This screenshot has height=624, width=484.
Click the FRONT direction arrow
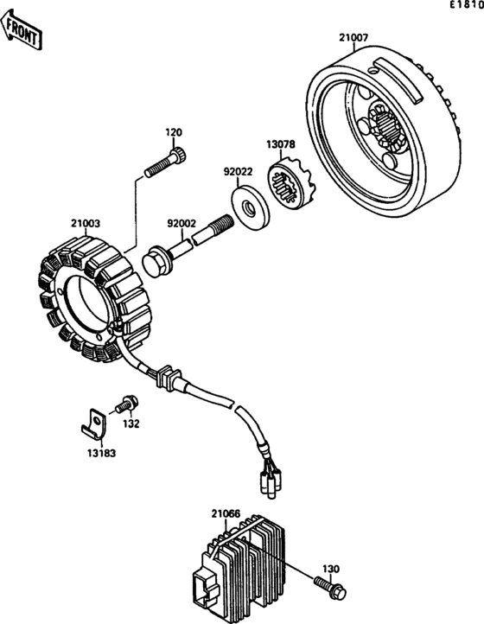(21, 30)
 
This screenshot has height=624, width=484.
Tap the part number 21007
(353, 38)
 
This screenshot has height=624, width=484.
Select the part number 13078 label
(281, 144)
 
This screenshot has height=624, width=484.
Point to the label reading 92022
(238, 172)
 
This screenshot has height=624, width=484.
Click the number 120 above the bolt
(174, 132)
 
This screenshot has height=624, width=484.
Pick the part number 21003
(86, 224)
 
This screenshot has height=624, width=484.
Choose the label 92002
(181, 224)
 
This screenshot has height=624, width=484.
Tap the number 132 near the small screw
(131, 423)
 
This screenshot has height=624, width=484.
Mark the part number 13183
(101, 453)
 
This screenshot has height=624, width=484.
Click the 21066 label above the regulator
(226, 513)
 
